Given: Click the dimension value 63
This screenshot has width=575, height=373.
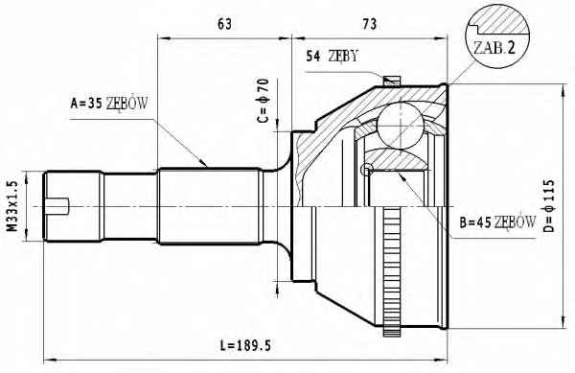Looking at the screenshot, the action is pyautogui.click(x=224, y=24).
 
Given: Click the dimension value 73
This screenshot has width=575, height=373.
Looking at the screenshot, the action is pyautogui.click(x=370, y=24).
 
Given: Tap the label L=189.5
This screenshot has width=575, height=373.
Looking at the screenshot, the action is pyautogui.click(x=245, y=345).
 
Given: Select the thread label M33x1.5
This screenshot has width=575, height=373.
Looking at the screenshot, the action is pyautogui.click(x=13, y=206).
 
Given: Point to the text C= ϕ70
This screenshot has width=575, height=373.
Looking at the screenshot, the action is pyautogui.click(x=264, y=101).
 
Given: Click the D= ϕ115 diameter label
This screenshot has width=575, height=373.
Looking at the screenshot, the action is pyautogui.click(x=548, y=206).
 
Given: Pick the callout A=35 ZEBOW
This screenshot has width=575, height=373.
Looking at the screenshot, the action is pyautogui.click(x=109, y=104).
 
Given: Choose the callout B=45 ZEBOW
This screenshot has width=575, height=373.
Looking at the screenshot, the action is pyautogui.click(x=497, y=222).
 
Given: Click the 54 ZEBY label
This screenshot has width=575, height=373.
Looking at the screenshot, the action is pyautogui.click(x=332, y=57).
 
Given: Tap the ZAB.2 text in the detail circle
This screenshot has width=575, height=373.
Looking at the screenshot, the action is pyautogui.click(x=494, y=47).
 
